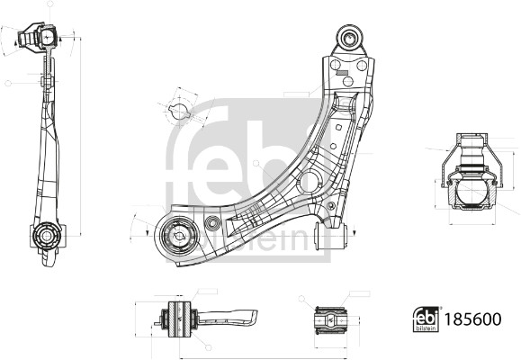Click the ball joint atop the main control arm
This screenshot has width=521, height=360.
[x=349, y=38]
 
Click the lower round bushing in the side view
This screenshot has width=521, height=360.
[x=46, y=236]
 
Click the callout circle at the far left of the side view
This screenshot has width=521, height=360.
[x=8, y=83]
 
